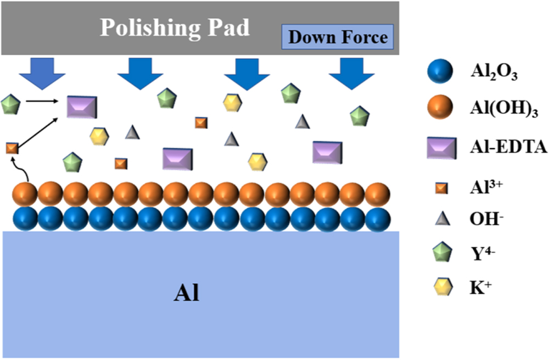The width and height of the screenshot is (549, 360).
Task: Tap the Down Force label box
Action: (338, 38)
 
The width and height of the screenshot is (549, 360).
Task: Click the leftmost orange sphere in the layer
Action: (25, 194)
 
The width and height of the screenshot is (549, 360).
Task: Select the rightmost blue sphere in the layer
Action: (378, 218)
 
